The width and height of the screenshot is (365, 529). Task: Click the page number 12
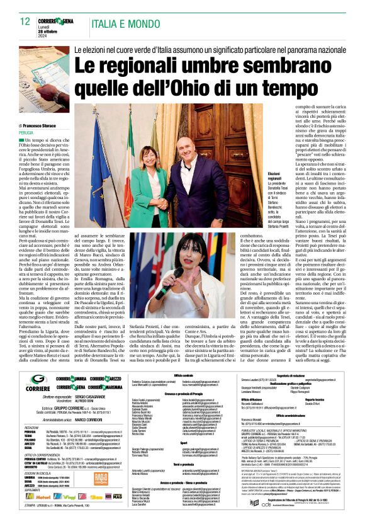25,21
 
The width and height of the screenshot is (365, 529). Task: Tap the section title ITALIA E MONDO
120,21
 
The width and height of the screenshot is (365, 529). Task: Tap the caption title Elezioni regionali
274,174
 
